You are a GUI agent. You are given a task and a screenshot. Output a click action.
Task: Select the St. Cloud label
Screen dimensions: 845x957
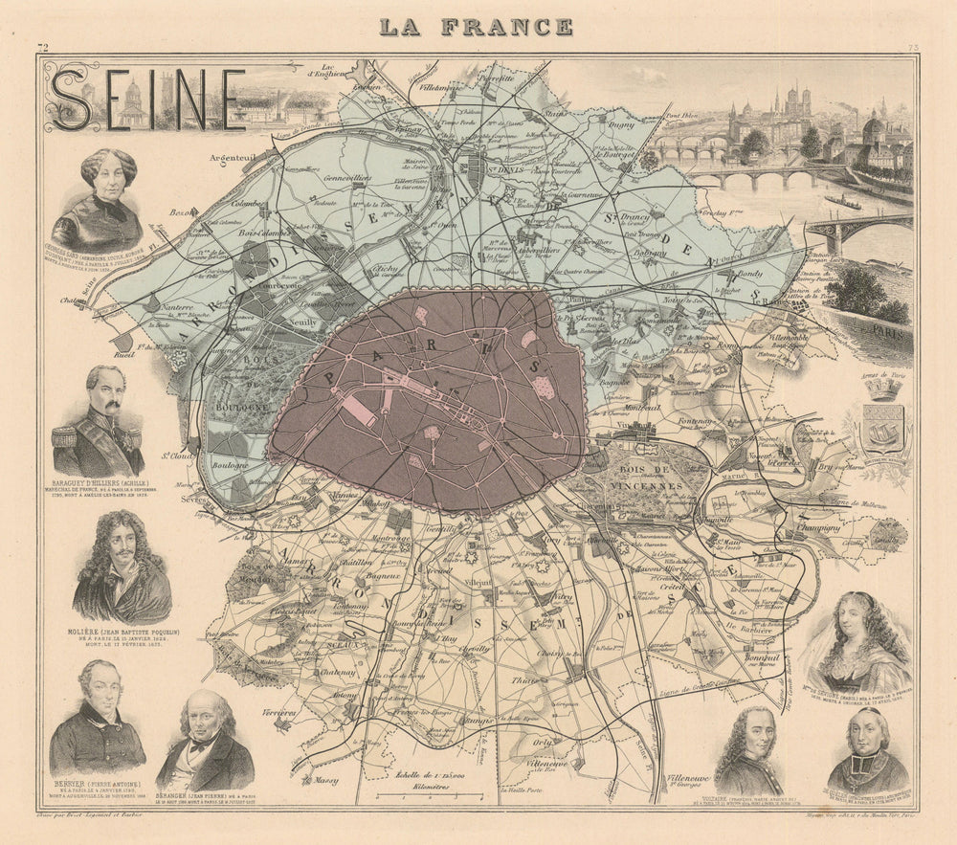click(173, 456)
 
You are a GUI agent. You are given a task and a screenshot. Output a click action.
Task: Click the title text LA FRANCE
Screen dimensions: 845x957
click(476, 26)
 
